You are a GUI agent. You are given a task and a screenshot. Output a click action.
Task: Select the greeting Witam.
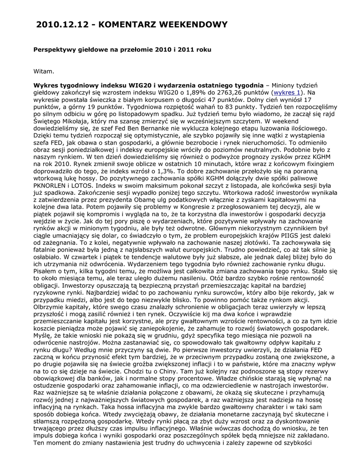tap(44, 71)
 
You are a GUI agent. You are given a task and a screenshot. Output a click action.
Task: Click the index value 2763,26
tap(219, 92)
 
